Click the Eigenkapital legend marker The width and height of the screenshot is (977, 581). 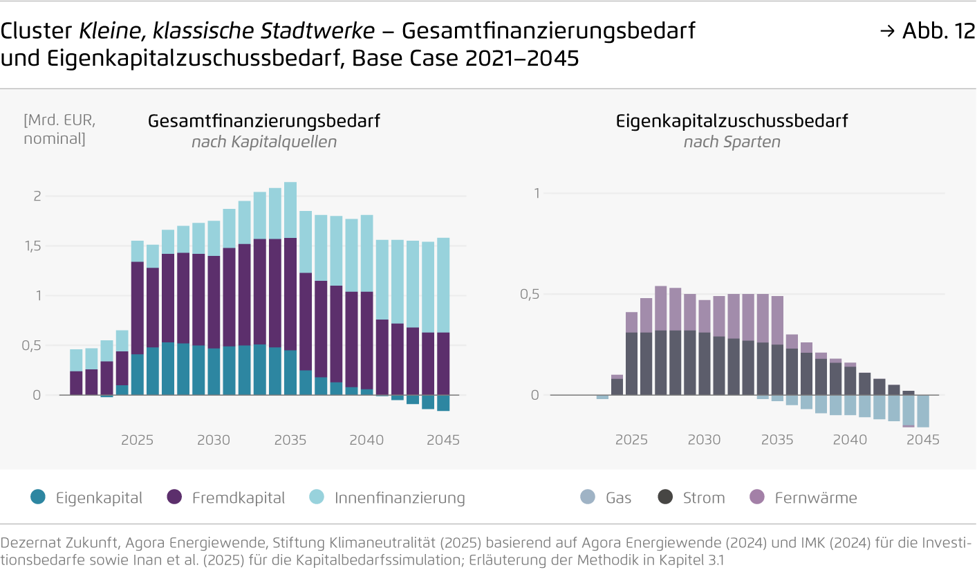39,497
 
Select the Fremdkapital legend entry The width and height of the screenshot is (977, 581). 238,498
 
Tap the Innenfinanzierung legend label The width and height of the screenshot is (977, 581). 400,498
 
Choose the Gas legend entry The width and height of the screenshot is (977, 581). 618,498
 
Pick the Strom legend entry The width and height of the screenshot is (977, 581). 704,498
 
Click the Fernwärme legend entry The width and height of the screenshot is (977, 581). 816,498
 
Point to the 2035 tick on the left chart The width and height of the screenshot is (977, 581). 290,440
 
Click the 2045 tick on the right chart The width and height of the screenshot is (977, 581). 922,440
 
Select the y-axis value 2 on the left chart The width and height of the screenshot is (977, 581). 38,196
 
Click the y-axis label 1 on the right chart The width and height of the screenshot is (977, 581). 536,193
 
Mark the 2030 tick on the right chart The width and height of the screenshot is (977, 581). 704,440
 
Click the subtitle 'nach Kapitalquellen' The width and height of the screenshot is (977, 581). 264,142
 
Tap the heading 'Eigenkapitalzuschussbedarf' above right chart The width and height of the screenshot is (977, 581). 732,121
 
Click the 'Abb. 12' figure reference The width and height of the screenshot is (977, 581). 938,31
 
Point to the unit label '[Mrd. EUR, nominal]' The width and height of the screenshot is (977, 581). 59,129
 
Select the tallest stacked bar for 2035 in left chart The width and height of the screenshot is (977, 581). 290,290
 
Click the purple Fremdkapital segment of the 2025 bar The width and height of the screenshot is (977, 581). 138,308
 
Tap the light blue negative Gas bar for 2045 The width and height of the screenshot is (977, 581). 922,412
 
